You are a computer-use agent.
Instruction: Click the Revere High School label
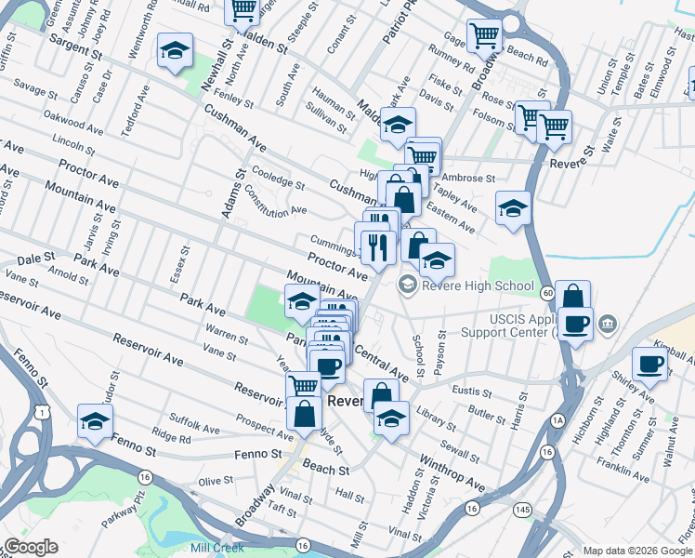click(478, 286)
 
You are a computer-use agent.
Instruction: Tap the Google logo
click(31, 547)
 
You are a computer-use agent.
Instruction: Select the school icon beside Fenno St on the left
click(94, 420)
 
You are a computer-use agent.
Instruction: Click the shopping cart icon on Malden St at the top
click(243, 11)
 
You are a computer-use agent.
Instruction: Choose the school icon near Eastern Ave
click(511, 208)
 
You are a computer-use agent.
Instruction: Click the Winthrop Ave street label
click(452, 472)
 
